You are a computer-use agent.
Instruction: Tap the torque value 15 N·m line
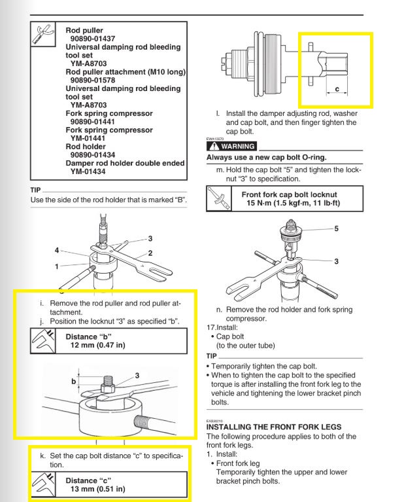(292, 204)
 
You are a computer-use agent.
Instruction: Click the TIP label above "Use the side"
(36, 190)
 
